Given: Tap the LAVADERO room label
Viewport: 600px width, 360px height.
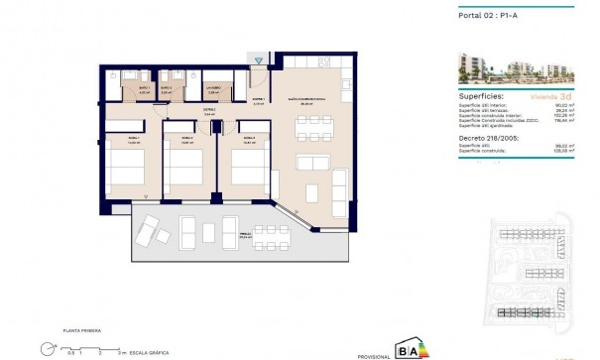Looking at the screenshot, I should click(212, 88).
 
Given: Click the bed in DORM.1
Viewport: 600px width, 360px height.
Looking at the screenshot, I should click(131, 166).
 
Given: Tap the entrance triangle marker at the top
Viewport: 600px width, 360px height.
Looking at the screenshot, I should click(259, 61).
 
